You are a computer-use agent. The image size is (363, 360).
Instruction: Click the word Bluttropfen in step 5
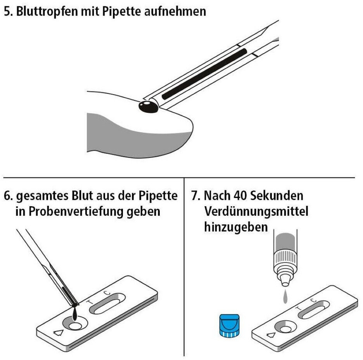(x=47, y=12)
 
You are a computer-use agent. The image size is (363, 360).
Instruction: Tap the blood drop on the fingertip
(x=149, y=107)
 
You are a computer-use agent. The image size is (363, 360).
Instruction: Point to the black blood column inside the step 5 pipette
(x=204, y=74)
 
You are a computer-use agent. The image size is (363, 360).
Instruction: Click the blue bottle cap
(x=229, y=326)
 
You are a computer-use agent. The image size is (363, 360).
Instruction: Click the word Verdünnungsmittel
(x=256, y=212)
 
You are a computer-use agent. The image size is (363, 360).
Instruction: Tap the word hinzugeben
(x=236, y=227)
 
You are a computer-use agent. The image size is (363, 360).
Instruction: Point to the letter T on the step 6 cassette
(x=89, y=302)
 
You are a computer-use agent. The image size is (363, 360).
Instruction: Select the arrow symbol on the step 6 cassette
(x=58, y=333)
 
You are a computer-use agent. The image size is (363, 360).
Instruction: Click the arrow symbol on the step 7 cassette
(x=271, y=335)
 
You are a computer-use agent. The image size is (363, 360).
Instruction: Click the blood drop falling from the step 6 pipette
(x=75, y=314)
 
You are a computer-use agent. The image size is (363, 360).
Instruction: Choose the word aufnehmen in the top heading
(x=175, y=12)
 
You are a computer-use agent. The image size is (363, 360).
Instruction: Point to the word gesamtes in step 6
(x=42, y=196)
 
